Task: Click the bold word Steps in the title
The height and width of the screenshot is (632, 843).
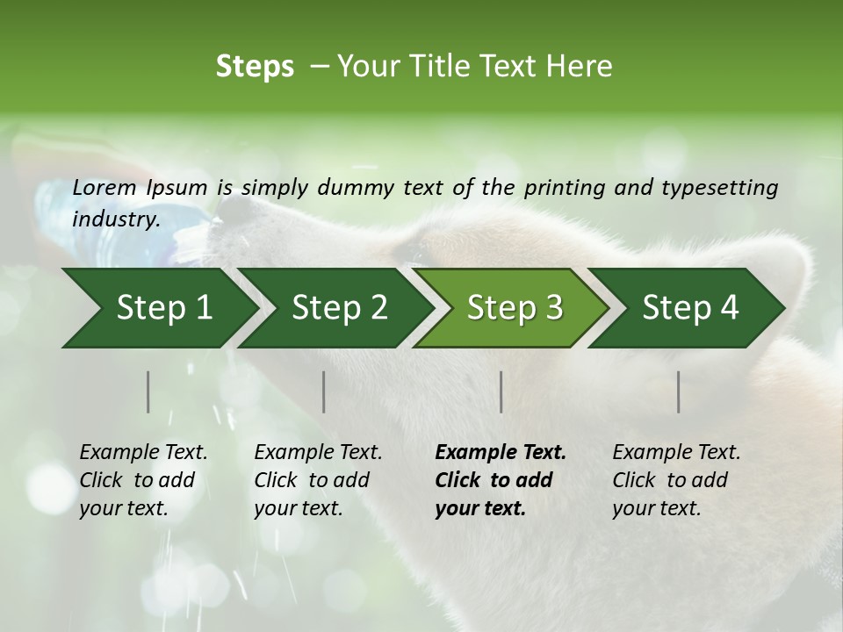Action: coord(255,67)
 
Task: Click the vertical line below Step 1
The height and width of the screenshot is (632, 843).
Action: coord(148,391)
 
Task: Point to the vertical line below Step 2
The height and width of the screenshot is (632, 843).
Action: coord(324,391)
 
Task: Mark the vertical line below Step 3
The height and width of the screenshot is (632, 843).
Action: coord(501,391)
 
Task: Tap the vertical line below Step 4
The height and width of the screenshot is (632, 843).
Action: coord(678,391)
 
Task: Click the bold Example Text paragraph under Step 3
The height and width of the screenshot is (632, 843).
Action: coord(501,480)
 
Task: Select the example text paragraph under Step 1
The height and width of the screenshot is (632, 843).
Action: coord(143,480)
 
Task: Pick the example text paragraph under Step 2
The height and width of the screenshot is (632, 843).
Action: coord(318,480)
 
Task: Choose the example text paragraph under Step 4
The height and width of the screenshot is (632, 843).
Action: coord(676,480)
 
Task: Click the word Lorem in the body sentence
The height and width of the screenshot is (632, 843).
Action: coord(104,187)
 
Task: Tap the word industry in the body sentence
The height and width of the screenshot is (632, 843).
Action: coord(115,219)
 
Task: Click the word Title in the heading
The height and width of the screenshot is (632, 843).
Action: coord(427,67)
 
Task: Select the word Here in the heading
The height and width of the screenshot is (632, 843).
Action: coord(581,67)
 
